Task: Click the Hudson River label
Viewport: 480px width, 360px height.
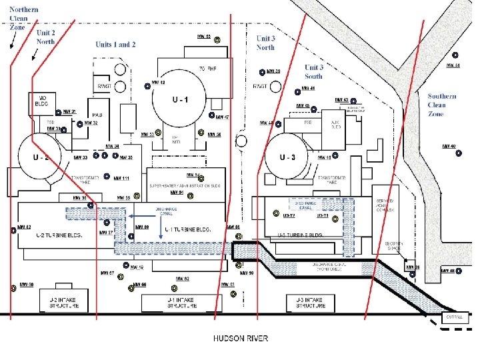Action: [x=241, y=338]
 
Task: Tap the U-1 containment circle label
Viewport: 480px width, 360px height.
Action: [x=180, y=100]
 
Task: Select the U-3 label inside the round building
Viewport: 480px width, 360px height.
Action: [x=287, y=157]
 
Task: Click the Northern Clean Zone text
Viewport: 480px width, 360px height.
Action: [x=23, y=19]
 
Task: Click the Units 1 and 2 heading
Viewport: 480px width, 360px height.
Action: [x=115, y=45]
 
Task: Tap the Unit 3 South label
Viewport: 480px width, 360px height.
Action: [x=313, y=72]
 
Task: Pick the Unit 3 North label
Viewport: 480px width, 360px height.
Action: [x=265, y=43]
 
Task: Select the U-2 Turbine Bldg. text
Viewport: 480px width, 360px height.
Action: [x=59, y=235]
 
